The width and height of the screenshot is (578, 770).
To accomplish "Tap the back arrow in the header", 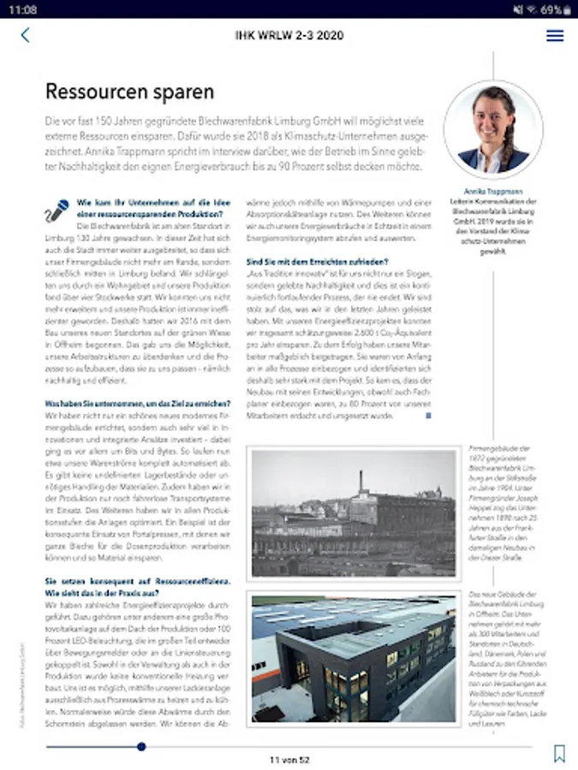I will tap(25, 35).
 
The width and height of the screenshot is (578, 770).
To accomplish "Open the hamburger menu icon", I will tap(555, 35).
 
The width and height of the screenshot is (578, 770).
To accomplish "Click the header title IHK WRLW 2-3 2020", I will tap(289, 35).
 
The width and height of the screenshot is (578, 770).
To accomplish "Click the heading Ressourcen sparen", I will tap(129, 91).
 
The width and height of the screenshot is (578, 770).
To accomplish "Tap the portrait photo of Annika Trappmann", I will tap(493, 129).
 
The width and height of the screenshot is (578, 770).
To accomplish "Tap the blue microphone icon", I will tap(58, 208).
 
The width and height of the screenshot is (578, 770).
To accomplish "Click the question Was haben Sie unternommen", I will tap(137, 403).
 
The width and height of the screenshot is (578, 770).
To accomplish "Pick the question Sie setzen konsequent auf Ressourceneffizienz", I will tap(137, 587).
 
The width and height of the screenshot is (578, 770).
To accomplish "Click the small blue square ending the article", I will tap(428, 416).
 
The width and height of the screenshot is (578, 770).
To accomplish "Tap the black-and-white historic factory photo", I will tap(354, 513).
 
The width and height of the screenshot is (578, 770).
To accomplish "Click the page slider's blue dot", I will tap(141, 746).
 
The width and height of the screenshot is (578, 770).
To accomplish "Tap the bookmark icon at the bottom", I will tap(559, 753).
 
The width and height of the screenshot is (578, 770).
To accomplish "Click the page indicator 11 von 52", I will tap(289, 760).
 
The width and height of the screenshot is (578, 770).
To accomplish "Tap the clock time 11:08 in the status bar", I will tap(25, 9).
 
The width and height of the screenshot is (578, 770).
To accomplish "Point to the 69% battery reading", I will tap(551, 9).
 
